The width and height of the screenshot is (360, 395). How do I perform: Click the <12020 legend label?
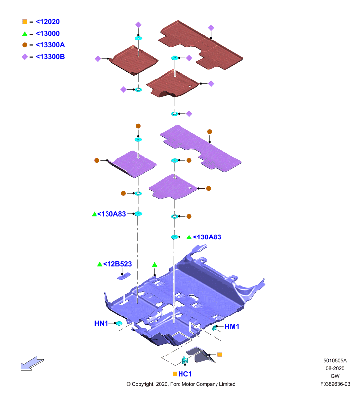point(48,22)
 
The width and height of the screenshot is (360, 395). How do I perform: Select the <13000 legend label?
point(48,33)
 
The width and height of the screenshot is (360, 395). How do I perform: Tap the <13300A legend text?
point(50,45)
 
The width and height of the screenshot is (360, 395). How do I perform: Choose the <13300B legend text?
point(50,57)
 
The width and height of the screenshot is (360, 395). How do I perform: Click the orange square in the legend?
point(25,22)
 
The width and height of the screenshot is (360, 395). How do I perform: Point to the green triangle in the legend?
point(25,34)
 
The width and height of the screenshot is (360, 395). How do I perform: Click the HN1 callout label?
point(101,323)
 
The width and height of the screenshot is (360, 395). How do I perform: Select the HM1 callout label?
point(232,327)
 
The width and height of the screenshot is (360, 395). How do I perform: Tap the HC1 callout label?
point(185,374)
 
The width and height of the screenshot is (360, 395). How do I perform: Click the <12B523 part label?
point(117,264)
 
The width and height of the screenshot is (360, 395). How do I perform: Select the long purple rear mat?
point(201,149)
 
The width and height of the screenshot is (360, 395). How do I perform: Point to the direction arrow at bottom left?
point(32,363)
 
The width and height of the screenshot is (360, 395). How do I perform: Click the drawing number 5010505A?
point(335,361)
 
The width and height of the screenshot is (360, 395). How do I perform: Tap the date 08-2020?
point(335,368)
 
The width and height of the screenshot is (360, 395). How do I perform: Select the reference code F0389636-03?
point(335,384)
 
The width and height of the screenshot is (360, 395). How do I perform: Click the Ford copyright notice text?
point(181,384)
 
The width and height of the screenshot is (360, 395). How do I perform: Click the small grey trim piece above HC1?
point(200,355)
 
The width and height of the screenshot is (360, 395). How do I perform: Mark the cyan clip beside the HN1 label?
point(119,324)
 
